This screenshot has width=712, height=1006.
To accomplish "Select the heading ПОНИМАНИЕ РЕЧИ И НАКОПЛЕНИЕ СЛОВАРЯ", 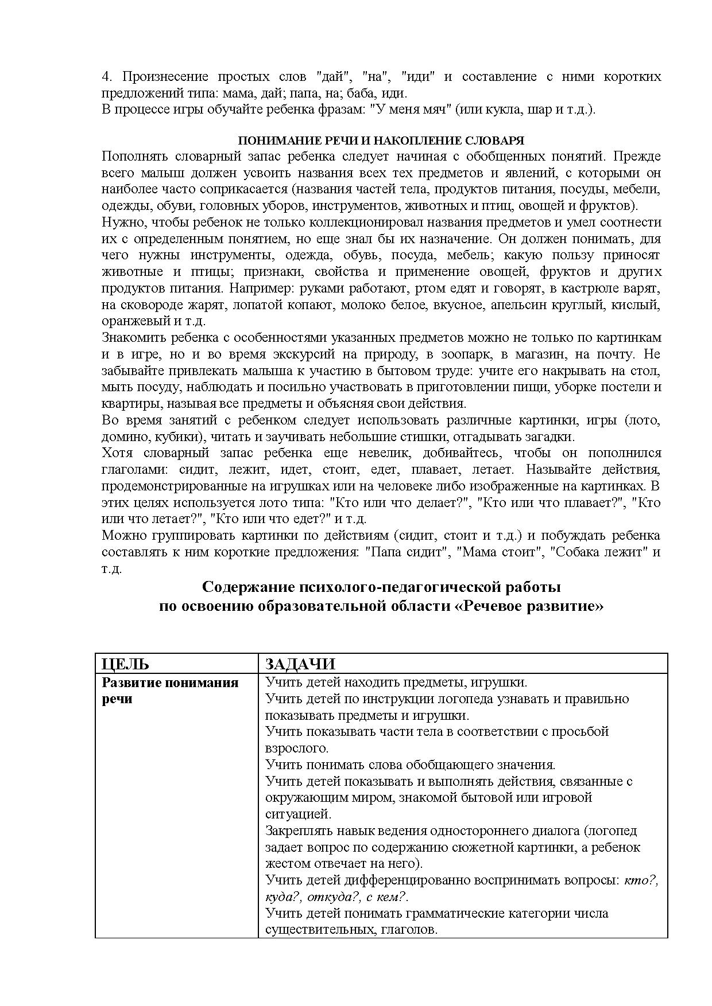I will click(x=381, y=141).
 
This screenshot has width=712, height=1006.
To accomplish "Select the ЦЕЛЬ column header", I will click(x=125, y=664).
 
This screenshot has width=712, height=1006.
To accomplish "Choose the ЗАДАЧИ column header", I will click(x=300, y=664).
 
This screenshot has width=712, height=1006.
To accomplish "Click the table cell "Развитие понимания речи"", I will click(x=170, y=691).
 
